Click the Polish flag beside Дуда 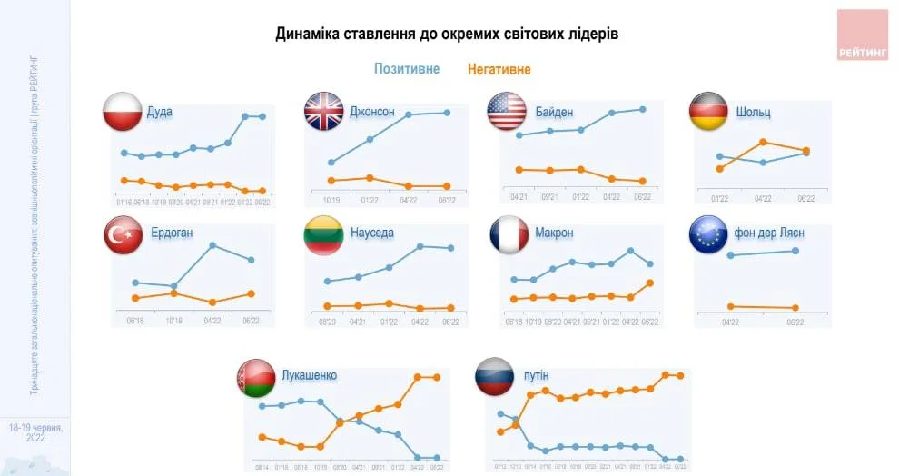point(121,111)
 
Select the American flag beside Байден point(507,111)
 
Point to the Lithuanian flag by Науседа point(322,234)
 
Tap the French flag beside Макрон point(509,234)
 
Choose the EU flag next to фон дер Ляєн point(709,234)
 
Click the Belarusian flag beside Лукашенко point(253,376)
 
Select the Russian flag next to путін point(495,376)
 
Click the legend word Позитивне point(407,69)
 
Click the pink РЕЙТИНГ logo point(862,35)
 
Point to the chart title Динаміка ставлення point(448,34)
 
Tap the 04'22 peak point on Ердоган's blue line point(212,245)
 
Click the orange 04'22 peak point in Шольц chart point(764,142)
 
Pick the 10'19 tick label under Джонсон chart point(331,200)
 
